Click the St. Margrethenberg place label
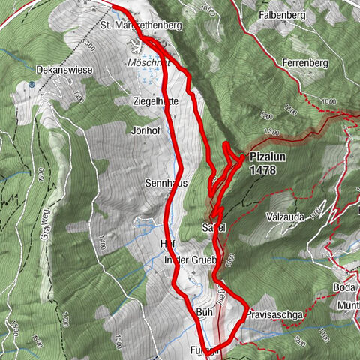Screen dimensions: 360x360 (141, 25)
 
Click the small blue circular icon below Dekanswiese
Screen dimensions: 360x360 (31, 84)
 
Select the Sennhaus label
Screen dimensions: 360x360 (166, 183)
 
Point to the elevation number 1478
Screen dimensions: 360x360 (264, 171)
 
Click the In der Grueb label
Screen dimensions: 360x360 (190, 260)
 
